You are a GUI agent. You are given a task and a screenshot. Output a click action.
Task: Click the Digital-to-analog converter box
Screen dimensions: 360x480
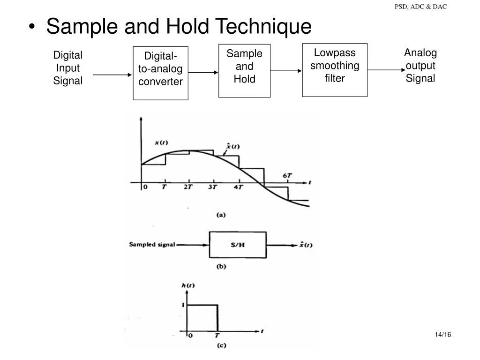[160, 73]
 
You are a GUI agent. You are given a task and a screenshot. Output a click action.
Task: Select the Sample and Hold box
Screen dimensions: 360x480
[244, 70]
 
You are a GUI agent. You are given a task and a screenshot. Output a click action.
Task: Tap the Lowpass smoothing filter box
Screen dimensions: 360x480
[335, 69]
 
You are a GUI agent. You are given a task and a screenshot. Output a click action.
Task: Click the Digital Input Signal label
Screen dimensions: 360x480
[67, 68]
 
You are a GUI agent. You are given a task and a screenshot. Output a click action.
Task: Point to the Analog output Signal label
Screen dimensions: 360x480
[420, 66]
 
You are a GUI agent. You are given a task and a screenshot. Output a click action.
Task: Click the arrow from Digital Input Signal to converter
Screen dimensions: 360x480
[112, 75]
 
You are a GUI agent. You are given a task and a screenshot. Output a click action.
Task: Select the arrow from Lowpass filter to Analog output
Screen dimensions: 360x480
[385, 70]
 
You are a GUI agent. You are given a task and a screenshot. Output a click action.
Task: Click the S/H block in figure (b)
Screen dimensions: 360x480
[238, 245]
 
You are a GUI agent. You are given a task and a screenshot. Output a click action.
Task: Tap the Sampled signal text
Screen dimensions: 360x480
[152, 245]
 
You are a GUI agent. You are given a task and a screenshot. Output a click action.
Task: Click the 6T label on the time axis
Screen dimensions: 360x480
[287, 176]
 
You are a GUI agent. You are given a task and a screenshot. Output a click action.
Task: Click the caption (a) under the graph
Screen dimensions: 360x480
[221, 215]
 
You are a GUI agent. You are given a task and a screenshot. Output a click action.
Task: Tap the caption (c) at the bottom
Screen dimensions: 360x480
[221, 346]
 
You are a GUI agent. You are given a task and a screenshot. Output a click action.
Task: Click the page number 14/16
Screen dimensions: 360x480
[442, 334]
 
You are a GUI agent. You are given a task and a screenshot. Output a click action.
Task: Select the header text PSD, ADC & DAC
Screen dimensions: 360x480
[420, 7]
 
